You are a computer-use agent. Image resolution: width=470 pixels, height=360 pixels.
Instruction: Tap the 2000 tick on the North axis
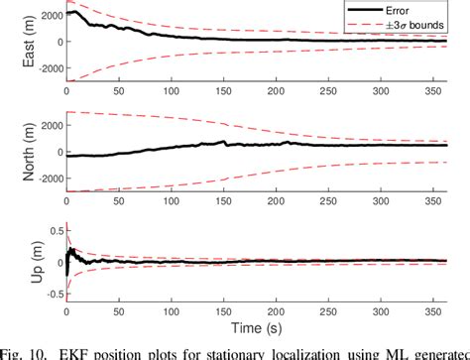[47, 124]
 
